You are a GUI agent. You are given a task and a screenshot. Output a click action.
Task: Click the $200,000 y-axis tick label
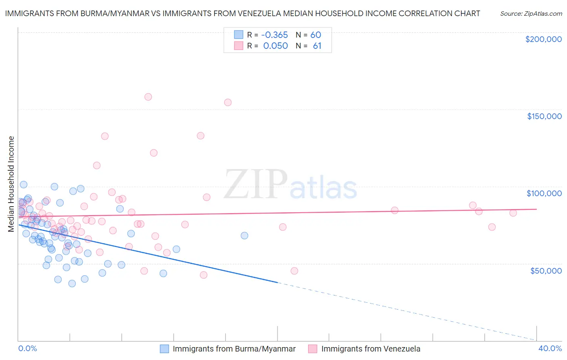pos(543,39)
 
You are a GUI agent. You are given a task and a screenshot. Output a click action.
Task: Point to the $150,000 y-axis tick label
pos(544,116)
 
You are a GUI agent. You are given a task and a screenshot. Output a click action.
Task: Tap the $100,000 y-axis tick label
pos(544,193)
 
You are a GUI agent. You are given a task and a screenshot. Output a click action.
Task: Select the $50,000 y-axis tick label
pos(546,270)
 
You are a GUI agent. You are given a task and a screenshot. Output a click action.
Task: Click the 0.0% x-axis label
pos(27,348)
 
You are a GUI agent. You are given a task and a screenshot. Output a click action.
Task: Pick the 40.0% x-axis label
pos(550,348)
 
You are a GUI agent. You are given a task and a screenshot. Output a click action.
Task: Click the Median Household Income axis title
pos(11,184)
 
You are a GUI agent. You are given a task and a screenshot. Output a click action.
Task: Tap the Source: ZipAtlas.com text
pos(531,14)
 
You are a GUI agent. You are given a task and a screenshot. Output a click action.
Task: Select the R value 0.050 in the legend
pos(275,46)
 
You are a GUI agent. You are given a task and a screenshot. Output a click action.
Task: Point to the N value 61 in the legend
pos(317,46)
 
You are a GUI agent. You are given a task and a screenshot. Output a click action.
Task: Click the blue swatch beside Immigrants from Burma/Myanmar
pos(165,349)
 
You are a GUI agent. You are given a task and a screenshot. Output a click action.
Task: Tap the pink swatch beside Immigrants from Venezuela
pos(313,349)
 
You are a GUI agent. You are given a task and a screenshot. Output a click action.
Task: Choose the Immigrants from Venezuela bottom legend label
pos(371,349)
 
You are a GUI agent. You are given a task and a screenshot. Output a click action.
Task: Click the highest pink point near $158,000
pos(148,97)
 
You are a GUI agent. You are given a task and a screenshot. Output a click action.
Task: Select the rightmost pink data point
pos(513,213)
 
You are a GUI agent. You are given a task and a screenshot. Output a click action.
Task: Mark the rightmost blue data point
pos(244,236)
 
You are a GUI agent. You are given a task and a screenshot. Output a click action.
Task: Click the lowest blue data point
pos(72,283)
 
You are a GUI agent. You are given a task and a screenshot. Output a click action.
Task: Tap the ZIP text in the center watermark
pos(255,185)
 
